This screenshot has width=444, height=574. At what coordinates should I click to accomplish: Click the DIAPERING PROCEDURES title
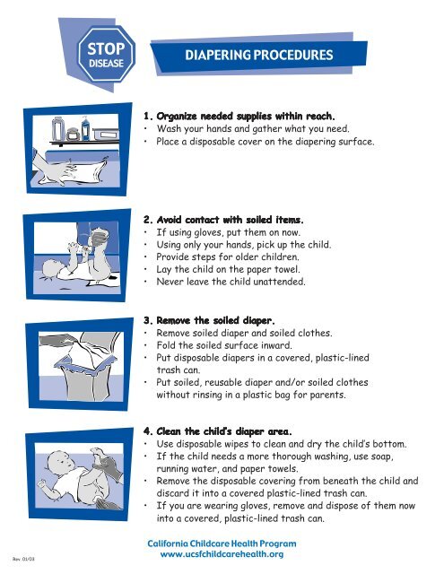coord(258,54)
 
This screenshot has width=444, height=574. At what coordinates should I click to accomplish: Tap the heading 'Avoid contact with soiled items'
coord(229,218)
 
